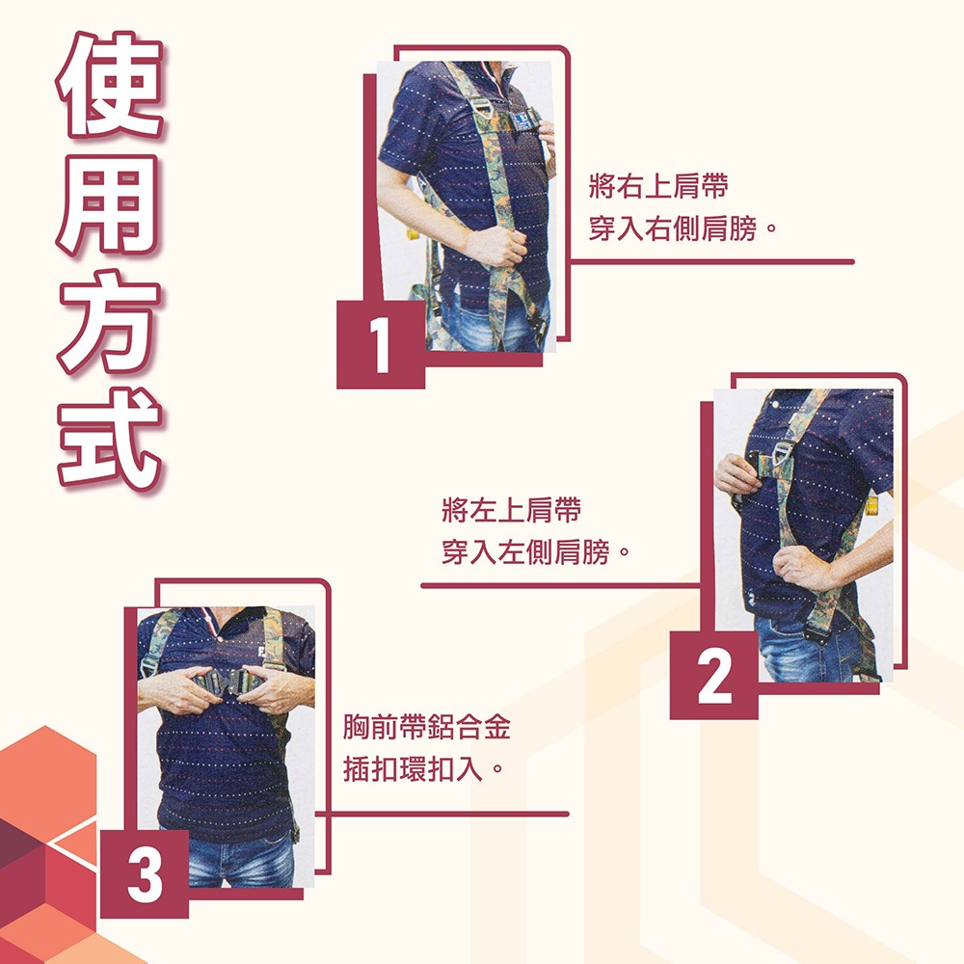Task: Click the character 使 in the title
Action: coord(111,85)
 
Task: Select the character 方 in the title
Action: coord(111,321)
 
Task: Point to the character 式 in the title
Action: coord(111,439)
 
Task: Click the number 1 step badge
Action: coord(381,344)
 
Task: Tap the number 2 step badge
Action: coord(713,676)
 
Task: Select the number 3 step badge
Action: coord(145,874)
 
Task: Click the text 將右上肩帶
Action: coord(658,186)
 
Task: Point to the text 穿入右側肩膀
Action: coord(683,228)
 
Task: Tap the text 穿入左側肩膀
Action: coord(535,551)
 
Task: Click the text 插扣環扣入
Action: coord(423,768)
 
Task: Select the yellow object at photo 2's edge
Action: coord(871,505)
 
